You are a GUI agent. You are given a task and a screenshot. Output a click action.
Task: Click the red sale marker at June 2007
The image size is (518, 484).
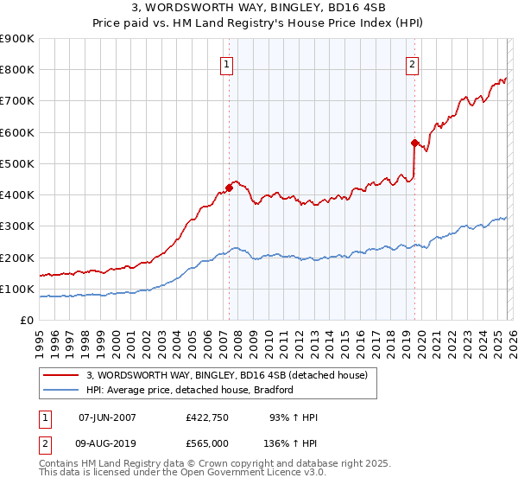[229, 188]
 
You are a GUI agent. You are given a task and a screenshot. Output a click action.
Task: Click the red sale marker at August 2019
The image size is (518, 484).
[414, 143]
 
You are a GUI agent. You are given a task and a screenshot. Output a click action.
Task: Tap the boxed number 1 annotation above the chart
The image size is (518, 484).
[226, 63]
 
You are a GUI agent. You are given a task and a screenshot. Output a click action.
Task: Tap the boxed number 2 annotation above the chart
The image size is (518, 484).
[412, 63]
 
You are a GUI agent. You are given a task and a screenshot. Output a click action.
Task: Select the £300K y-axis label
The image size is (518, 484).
[17, 226]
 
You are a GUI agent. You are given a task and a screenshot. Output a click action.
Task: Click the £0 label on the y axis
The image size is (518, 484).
[27, 321]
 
